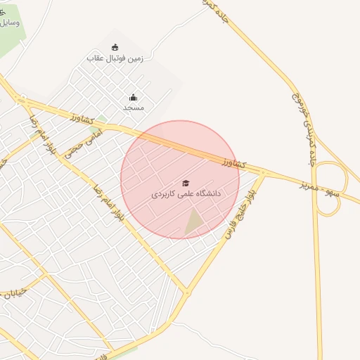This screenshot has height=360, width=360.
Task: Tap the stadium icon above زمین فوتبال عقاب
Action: click(114, 47)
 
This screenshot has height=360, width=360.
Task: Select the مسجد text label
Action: click(133, 108)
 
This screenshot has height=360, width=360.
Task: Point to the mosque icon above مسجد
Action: click(133, 98)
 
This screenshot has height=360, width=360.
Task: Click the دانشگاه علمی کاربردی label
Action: click(186, 193)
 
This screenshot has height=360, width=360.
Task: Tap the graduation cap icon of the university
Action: click(186, 183)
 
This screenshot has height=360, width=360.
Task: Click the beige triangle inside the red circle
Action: click(194, 224)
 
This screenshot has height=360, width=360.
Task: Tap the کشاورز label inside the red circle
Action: click(231, 163)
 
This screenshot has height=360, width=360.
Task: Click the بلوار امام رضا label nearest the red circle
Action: click(110, 205)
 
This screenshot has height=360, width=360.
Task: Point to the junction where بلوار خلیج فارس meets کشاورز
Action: click(264, 172)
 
